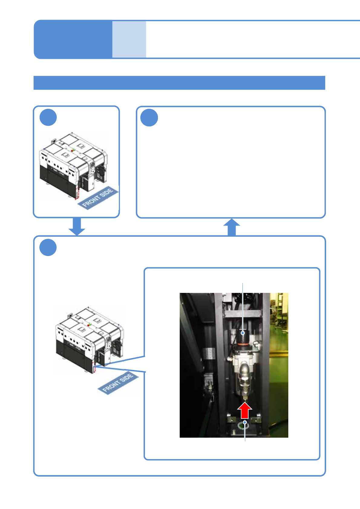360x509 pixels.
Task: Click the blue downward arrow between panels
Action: tap(77, 226)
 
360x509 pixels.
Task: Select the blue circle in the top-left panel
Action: tap(48, 117)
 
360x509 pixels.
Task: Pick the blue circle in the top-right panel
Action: tap(149, 118)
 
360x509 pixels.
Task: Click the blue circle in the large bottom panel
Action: tap(48, 247)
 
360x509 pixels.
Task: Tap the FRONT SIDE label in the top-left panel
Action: tap(98, 197)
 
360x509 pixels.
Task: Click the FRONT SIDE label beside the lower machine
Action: tap(118, 383)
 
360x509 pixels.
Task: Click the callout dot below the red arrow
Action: tap(245, 422)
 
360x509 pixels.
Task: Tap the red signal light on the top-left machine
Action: tap(72, 150)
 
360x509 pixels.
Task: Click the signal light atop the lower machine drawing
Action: tap(89, 325)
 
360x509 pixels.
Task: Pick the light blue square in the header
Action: tap(129, 39)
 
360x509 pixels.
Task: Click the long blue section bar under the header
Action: tap(179, 83)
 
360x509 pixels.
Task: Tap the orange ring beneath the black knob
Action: tap(243, 344)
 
